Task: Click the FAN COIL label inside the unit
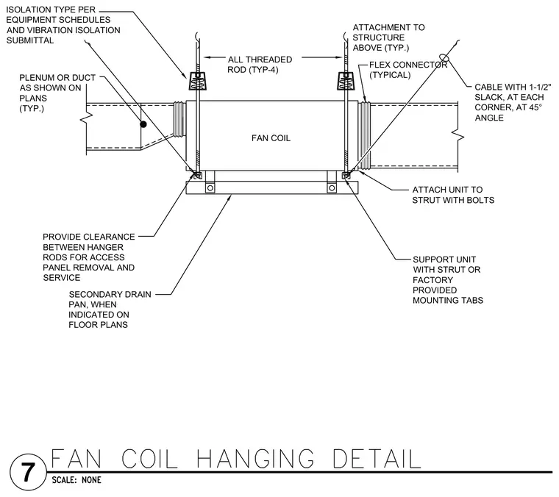tap(271, 138)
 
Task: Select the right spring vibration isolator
tap(346, 81)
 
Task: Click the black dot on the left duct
tap(143, 124)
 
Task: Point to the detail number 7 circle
tap(28, 473)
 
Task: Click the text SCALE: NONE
tap(76, 480)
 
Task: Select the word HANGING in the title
tap(255, 459)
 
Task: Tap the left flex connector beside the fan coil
tap(179, 119)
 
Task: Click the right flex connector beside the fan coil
tap(364, 135)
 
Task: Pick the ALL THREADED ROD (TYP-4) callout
tap(260, 65)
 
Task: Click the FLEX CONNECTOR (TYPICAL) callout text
tap(408, 70)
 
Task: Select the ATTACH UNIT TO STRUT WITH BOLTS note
tap(453, 195)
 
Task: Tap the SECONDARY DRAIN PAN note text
tap(110, 310)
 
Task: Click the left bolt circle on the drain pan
tap(210, 187)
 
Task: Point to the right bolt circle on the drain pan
tap(332, 187)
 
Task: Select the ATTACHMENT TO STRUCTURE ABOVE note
tap(388, 37)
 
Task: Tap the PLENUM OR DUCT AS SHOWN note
tap(57, 93)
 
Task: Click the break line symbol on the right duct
tap(457, 135)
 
